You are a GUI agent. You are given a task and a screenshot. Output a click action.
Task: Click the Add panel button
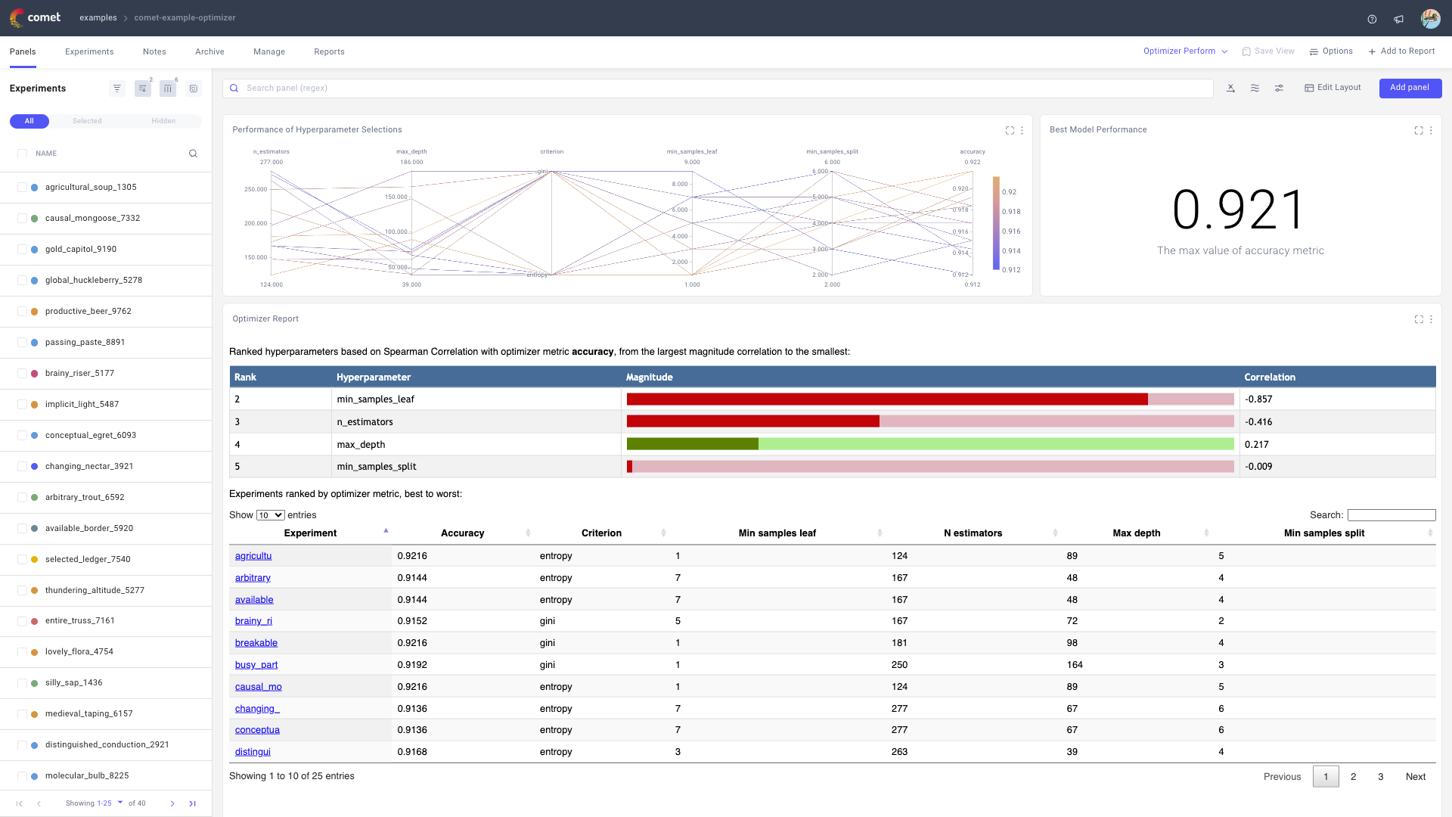point(1410,88)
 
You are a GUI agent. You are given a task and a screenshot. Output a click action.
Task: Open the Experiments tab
point(89,51)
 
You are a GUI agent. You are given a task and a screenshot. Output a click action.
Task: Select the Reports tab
point(329,51)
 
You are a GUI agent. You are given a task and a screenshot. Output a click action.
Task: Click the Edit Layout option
point(1333,88)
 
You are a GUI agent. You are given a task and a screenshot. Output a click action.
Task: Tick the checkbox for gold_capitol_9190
point(22,250)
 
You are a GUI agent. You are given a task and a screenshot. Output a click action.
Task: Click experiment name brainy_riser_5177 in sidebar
point(79,373)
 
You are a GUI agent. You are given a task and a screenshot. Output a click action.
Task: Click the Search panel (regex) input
point(718,89)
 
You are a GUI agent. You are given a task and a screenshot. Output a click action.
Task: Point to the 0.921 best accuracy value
point(1239,210)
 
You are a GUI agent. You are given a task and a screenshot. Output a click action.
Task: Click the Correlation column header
point(1270,377)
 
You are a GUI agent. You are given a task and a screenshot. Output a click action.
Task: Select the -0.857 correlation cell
point(1258,399)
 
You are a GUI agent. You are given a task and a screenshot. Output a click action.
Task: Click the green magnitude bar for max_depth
point(692,444)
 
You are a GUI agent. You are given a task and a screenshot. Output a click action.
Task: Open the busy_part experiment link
point(256,665)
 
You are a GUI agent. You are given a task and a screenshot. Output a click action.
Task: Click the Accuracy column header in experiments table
point(462,533)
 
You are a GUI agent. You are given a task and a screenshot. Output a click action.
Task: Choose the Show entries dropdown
point(270,515)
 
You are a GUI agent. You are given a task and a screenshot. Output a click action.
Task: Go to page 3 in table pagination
point(1380,777)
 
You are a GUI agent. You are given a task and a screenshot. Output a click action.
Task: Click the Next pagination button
point(1415,777)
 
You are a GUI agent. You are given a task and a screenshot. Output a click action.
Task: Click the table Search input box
point(1391,515)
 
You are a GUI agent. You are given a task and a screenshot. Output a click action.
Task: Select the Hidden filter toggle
point(163,121)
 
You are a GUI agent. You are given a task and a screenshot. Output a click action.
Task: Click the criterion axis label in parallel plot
point(551,151)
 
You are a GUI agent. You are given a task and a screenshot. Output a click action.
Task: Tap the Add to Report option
point(1401,51)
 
